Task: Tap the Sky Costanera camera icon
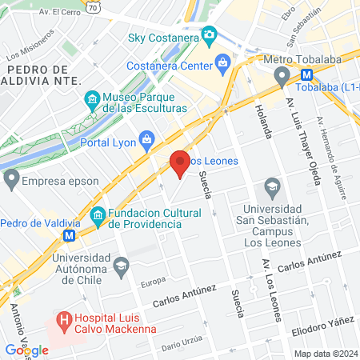(210, 35)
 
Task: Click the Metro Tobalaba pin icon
(282, 76)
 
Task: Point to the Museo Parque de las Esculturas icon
(92, 101)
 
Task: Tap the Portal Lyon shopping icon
(147, 142)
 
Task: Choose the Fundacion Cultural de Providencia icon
(98, 214)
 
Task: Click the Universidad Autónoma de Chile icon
(121, 266)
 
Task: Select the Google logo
(26, 350)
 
